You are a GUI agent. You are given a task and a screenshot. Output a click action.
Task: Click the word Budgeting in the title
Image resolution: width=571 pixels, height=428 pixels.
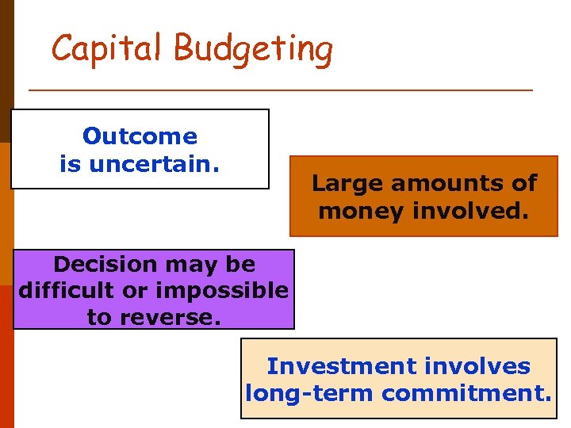tap(253, 49)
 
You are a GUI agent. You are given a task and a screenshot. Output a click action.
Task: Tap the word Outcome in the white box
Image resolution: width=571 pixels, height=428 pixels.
tap(140, 136)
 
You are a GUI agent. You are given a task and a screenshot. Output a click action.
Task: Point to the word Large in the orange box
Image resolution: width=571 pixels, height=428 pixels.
tap(343, 183)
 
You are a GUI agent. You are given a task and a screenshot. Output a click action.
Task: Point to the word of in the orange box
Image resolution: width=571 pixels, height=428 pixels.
tap(524, 183)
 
